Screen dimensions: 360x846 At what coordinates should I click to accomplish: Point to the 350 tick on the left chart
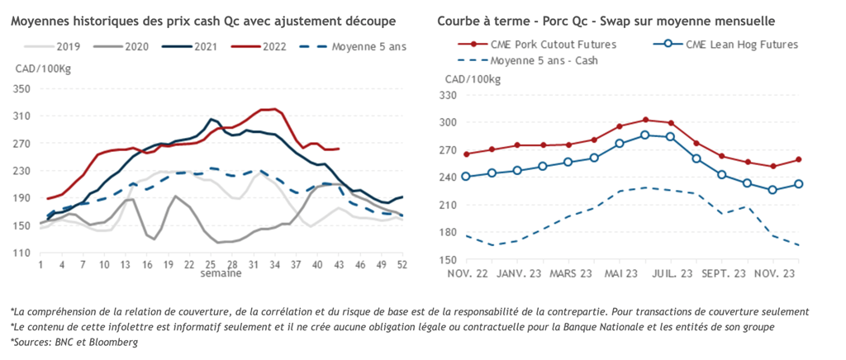[21, 88]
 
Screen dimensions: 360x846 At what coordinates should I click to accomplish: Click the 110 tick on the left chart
[21, 253]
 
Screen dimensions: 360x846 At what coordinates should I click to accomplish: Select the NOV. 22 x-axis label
[467, 273]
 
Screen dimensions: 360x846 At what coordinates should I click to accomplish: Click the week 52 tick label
[401, 264]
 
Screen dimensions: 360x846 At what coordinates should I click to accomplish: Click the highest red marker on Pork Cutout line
[645, 120]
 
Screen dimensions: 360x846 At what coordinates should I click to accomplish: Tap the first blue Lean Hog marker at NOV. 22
[467, 176]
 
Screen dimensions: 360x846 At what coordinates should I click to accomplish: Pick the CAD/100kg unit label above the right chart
[473, 78]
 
